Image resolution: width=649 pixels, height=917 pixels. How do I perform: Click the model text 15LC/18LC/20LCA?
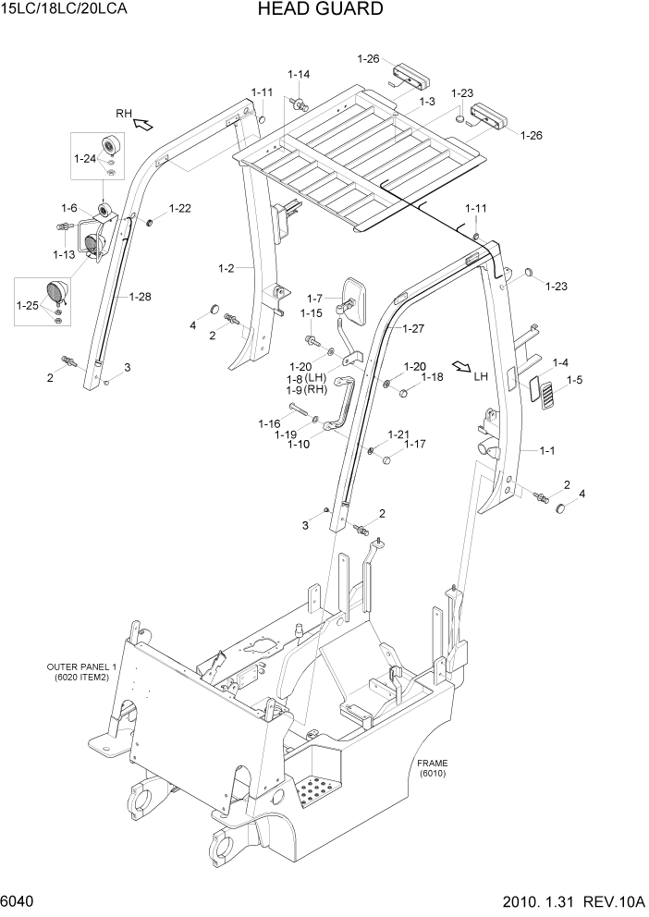pos(64,10)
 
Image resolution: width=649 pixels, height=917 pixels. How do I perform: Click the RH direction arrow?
pos(144,121)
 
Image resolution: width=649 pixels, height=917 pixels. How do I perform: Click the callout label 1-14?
pos(298,74)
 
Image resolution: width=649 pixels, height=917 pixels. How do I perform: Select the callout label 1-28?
pos(141,297)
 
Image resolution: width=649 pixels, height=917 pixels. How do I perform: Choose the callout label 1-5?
pos(574,379)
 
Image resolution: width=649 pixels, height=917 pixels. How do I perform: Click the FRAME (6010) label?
pos(432,766)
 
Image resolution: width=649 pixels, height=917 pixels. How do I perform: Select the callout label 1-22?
pos(180,208)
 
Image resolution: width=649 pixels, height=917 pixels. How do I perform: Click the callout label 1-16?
pos(269,423)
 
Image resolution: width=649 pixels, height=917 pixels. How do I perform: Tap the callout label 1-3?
pos(426,101)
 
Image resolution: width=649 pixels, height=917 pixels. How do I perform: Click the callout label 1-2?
pos(227,268)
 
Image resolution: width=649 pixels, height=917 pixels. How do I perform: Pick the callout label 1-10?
pos(298,445)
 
